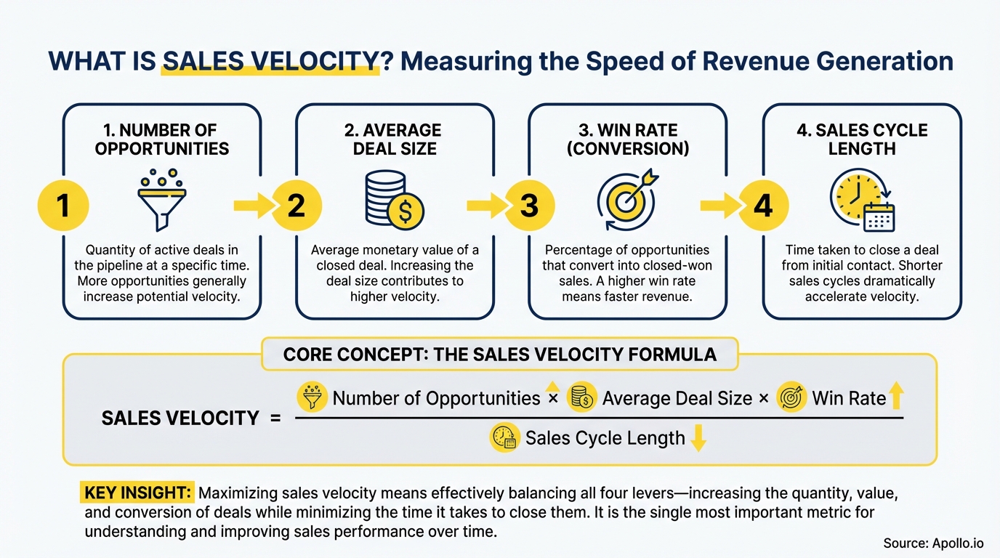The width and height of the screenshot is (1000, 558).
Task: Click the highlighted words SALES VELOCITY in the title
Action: click(x=270, y=61)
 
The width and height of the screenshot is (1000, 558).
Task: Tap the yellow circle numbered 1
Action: click(x=63, y=206)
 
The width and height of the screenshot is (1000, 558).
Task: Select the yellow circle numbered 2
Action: click(x=296, y=206)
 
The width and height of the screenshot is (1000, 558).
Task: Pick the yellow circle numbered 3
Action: click(x=529, y=206)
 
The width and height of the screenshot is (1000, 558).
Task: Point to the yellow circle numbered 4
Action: click(x=762, y=206)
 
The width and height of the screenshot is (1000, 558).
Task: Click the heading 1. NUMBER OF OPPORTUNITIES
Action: click(x=161, y=139)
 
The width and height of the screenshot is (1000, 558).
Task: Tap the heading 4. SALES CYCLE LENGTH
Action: click(x=861, y=139)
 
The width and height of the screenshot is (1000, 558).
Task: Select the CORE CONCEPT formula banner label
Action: click(x=499, y=355)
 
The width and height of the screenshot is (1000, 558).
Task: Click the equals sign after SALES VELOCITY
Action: click(x=275, y=418)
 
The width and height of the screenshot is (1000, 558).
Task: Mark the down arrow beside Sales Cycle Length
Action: click(x=698, y=439)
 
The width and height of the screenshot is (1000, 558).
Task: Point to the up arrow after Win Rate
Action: click(x=896, y=397)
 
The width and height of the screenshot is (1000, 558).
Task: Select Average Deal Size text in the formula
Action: click(x=677, y=398)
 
